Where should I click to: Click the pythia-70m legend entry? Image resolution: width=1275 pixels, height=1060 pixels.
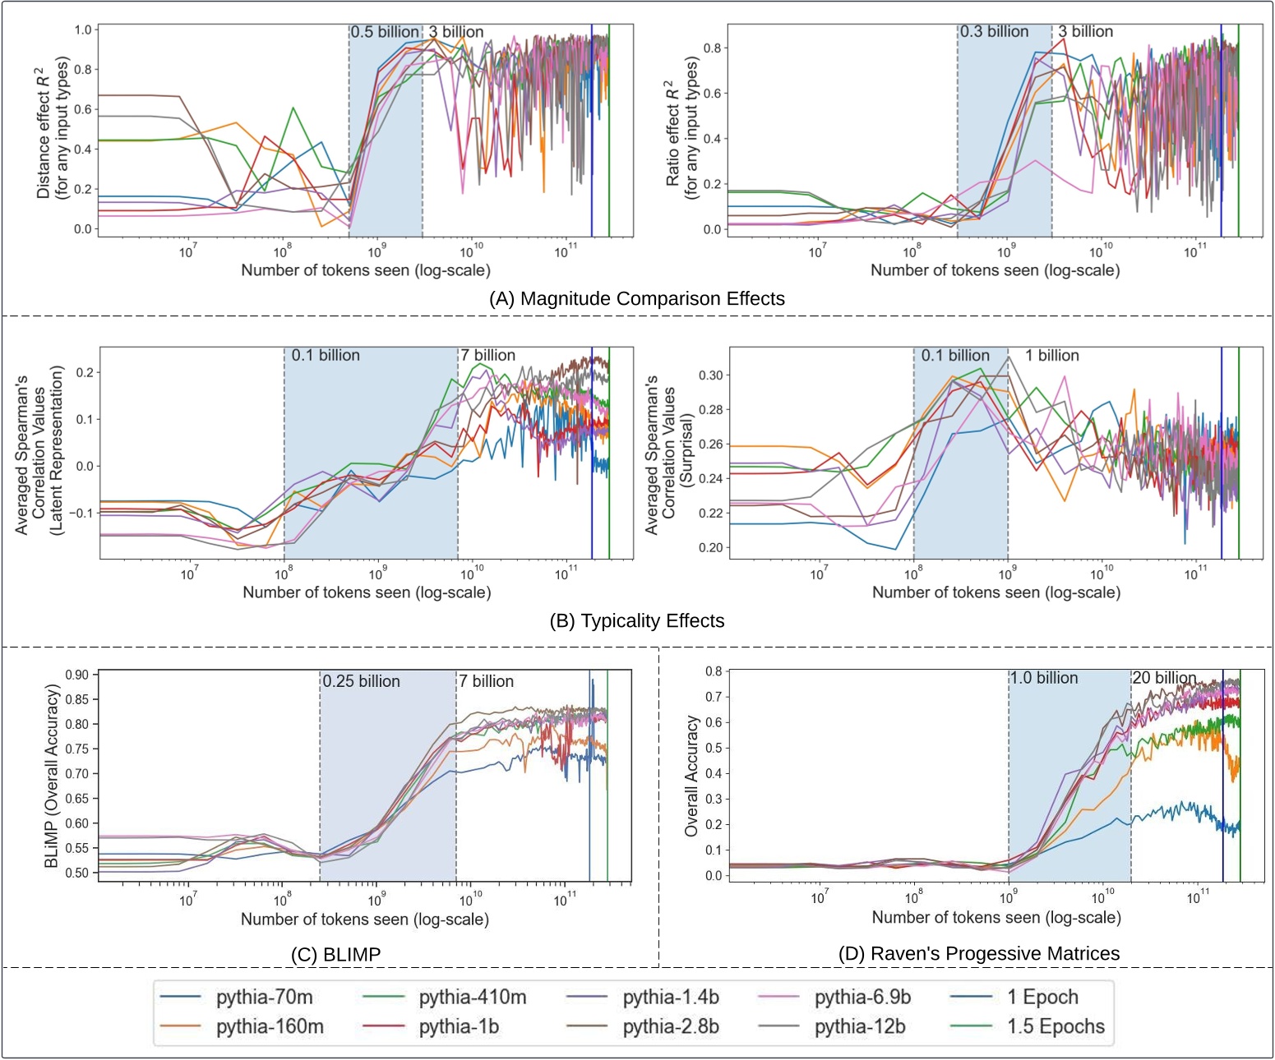pyautogui.click(x=264, y=998)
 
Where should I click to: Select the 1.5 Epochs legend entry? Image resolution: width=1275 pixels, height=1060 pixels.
pyautogui.click(x=1056, y=1027)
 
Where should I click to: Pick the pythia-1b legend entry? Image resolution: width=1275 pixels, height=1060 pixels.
pyautogui.click(x=459, y=1027)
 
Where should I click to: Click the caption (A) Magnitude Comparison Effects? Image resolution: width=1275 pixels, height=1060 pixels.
pyautogui.click(x=636, y=298)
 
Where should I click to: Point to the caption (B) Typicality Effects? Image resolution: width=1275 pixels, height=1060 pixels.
pyautogui.click(x=636, y=620)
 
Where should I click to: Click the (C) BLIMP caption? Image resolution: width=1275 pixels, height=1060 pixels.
pyautogui.click(x=335, y=954)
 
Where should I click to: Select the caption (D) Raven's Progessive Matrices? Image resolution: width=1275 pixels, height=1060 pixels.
pyautogui.click(x=978, y=953)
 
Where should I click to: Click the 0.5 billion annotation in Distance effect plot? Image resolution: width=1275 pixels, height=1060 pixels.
pyautogui.click(x=385, y=32)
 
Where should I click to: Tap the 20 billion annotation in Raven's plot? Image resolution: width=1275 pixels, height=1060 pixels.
pyautogui.click(x=1164, y=678)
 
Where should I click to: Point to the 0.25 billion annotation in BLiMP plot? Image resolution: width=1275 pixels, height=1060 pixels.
pyautogui.click(x=361, y=681)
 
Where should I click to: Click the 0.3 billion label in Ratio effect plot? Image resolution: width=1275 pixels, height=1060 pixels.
pyautogui.click(x=994, y=31)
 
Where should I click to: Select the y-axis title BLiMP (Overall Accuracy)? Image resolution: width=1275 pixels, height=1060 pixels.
pyautogui.click(x=52, y=777)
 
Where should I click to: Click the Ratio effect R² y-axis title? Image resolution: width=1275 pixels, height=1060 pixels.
pyautogui.click(x=680, y=128)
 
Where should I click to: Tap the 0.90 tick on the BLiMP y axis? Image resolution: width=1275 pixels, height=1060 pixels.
pyautogui.click(x=76, y=675)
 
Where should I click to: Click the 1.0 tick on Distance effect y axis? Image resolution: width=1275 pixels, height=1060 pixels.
pyautogui.click(x=83, y=30)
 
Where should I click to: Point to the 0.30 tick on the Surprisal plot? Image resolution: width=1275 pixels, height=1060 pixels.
pyautogui.click(x=711, y=376)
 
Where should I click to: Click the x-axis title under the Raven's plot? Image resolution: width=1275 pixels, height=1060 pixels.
pyautogui.click(x=996, y=917)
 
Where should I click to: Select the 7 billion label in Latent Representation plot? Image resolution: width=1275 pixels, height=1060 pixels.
pyautogui.click(x=487, y=355)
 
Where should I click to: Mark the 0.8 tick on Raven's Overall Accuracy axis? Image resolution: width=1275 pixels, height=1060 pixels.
pyautogui.click(x=714, y=671)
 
